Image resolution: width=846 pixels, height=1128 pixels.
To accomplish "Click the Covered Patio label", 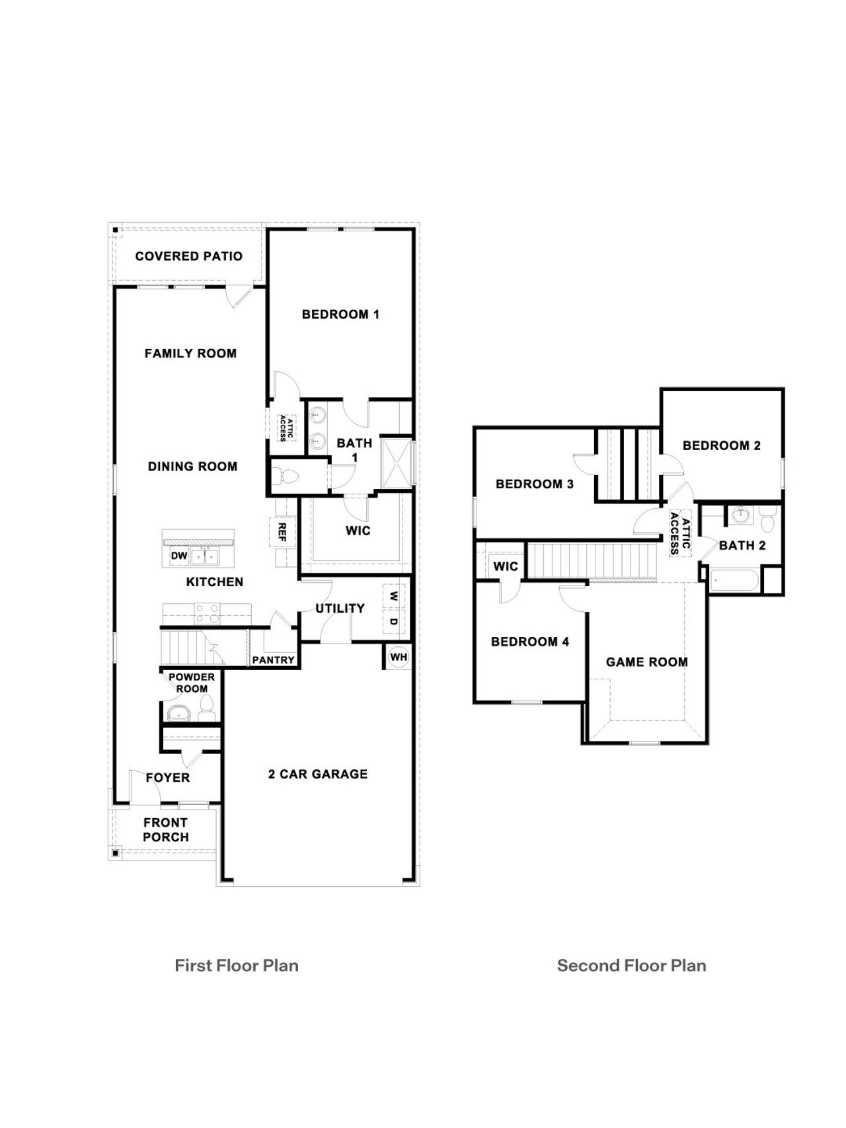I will click(188, 256).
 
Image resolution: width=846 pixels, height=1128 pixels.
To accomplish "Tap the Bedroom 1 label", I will click(340, 315).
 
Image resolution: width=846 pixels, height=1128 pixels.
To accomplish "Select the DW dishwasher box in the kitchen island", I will click(179, 556).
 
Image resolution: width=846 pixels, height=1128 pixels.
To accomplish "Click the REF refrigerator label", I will click(282, 532).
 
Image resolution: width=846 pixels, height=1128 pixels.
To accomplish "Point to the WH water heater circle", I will click(399, 657).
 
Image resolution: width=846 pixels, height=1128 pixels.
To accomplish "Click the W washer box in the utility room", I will click(394, 596).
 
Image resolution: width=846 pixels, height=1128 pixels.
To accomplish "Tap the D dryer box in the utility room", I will click(394, 622).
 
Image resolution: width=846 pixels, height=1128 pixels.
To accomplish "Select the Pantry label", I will click(273, 660).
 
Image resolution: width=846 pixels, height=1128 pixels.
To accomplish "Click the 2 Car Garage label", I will click(318, 774).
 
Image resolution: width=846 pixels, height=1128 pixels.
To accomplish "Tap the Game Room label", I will click(646, 662).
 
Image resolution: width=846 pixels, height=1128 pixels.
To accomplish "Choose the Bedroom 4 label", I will click(529, 642).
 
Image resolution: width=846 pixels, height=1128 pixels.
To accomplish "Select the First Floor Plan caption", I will click(237, 965).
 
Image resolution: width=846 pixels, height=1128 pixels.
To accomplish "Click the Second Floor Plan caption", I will click(631, 965).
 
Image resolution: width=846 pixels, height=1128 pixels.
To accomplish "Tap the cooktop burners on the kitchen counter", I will click(207, 614).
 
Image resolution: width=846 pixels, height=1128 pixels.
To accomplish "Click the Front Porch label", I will click(166, 830).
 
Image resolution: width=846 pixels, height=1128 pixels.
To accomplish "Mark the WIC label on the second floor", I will click(506, 566).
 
